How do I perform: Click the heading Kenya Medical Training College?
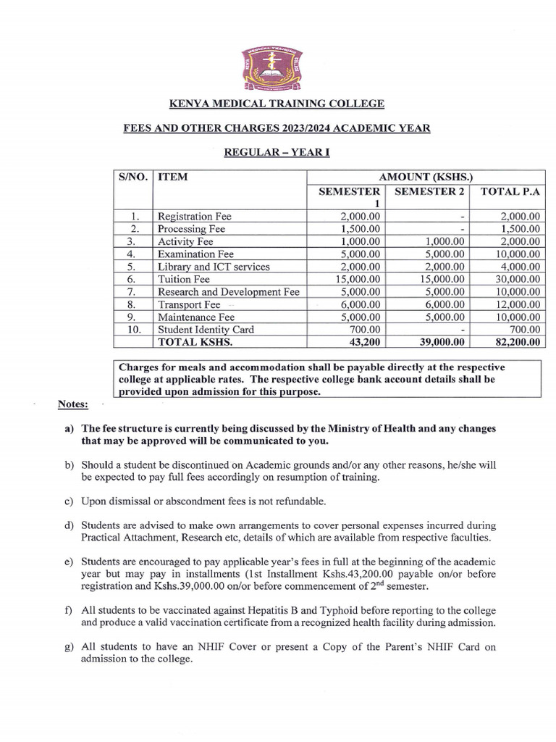click(x=277, y=104)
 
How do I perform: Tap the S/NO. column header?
click(x=132, y=176)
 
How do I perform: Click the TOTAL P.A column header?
click(x=506, y=191)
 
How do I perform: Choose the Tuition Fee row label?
click(x=184, y=279)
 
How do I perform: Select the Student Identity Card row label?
click(x=206, y=330)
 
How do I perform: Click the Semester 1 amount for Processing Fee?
click(x=360, y=228)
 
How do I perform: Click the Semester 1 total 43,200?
click(x=365, y=342)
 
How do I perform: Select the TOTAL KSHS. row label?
click(x=191, y=342)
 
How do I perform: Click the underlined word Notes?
click(x=73, y=404)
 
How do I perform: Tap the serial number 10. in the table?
click(x=132, y=330)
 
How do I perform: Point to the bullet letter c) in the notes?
click(x=69, y=501)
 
